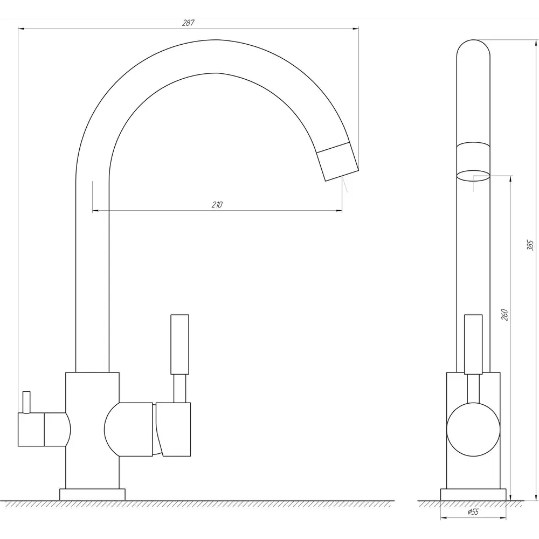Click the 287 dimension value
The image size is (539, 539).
(x=188, y=23)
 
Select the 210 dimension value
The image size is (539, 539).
(x=217, y=204)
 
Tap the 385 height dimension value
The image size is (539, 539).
(x=530, y=245)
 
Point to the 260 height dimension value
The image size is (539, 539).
(x=505, y=315)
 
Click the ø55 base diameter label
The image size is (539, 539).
(x=473, y=512)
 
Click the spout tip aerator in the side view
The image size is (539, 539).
(x=337, y=162)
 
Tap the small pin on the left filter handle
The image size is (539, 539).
(x=26, y=402)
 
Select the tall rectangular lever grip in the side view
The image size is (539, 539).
(x=179, y=344)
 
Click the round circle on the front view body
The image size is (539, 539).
(x=473, y=430)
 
